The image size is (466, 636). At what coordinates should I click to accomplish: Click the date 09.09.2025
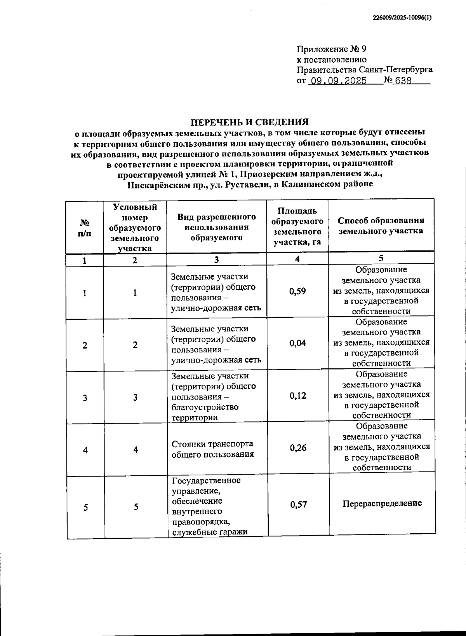point(337,81)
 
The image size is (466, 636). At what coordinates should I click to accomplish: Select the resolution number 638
point(403,81)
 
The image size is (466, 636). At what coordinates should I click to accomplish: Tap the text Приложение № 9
point(331,49)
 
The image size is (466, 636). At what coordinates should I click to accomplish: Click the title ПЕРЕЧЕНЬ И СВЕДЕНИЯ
point(250,122)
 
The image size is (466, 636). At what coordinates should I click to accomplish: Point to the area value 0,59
point(297,291)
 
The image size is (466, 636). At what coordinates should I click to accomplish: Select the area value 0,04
point(298,343)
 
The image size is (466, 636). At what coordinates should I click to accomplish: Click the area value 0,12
point(298,396)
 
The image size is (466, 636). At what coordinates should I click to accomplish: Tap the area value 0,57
point(299,505)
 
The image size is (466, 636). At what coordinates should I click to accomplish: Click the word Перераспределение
point(382,503)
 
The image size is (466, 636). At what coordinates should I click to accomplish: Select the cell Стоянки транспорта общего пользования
point(212,449)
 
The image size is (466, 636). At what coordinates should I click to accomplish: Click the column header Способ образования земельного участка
point(381,226)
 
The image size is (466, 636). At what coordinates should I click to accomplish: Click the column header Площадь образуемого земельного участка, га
point(297,227)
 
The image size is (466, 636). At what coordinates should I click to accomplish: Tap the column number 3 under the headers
point(216,260)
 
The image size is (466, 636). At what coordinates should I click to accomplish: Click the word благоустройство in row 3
point(205,407)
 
